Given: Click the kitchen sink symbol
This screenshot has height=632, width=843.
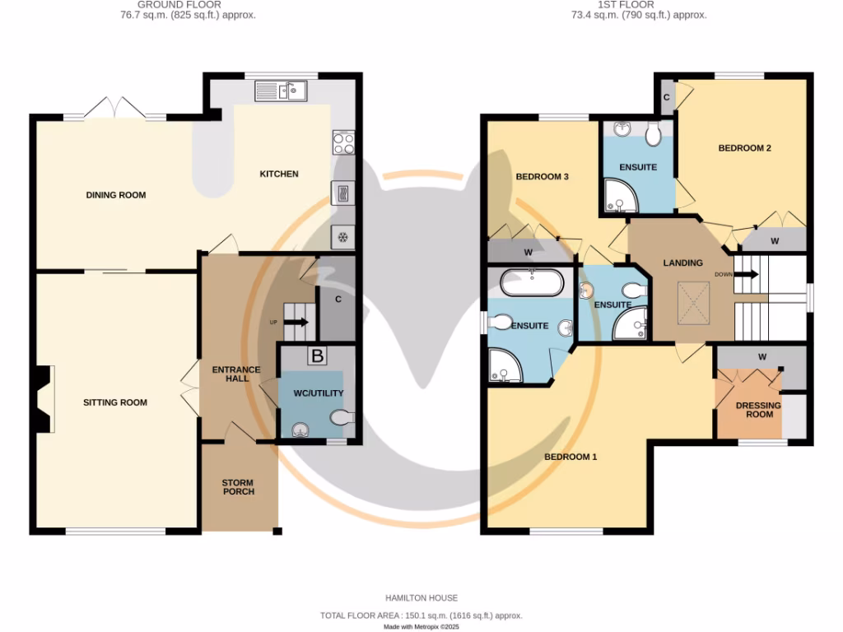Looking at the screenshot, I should point(281,91).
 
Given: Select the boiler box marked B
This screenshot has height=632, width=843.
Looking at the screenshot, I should point(317,355).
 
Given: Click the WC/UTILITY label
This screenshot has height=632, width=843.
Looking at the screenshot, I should point(317,393).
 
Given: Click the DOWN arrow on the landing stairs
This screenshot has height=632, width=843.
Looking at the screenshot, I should point(745,275).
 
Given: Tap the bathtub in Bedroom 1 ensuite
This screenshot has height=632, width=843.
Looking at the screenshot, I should point(532,284).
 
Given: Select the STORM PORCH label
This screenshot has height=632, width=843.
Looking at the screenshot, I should point(238,487).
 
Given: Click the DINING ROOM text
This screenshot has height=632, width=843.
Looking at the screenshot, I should point(116,195).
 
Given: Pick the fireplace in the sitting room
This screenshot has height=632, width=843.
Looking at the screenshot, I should point(44,400).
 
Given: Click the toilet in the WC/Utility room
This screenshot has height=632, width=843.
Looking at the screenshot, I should point(341,418).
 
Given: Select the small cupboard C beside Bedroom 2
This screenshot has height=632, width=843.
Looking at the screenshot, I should point(666,97).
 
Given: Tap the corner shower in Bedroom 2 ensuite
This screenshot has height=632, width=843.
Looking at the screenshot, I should point(616,195).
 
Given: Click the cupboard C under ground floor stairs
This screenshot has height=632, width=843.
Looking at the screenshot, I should point(338,300).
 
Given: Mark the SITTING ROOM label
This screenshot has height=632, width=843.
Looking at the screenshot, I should point(115,402).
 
